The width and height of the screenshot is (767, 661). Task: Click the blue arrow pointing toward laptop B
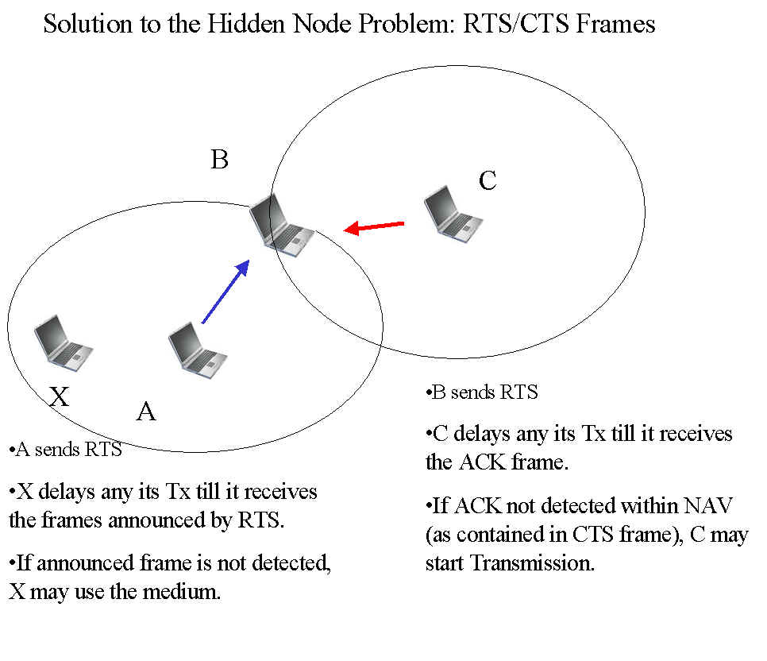(225, 292)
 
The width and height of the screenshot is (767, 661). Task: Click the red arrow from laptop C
(374, 227)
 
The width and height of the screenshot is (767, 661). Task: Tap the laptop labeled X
(63, 343)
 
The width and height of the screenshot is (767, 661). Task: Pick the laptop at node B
(281, 223)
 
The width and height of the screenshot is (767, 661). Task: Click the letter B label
(219, 160)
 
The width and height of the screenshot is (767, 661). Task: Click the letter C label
(488, 181)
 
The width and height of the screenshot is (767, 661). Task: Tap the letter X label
(60, 396)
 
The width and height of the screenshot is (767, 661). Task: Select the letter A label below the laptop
(146, 412)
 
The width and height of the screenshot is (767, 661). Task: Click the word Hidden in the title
(248, 24)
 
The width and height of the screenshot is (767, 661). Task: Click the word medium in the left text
(180, 592)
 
